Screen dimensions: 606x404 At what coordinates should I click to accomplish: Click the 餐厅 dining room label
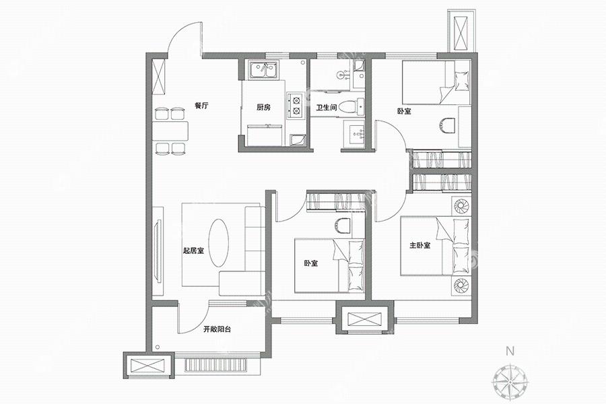coord(201,105)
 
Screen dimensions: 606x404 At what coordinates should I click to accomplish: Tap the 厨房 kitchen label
coord(263,108)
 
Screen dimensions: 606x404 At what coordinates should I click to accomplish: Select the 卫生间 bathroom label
coord(327,108)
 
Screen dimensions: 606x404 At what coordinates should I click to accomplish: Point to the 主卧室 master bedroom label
coord(420,245)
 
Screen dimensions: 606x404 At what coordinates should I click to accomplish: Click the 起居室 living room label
coord(193,250)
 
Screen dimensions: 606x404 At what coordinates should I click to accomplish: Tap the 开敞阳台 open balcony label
coord(217,329)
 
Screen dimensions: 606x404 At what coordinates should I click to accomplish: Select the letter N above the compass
coord(510,351)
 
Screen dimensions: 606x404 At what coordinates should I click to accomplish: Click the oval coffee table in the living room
coord(218,243)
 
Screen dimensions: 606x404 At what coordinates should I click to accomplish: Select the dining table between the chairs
coord(170,131)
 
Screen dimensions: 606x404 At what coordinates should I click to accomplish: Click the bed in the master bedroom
coord(436,246)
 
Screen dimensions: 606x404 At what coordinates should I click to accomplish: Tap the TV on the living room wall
coord(158,251)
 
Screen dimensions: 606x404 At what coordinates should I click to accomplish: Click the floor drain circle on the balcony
coord(157,347)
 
